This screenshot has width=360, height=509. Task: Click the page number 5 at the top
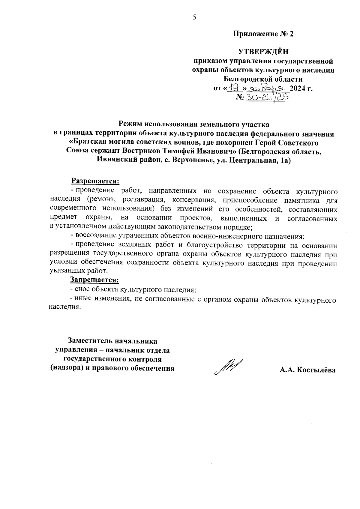pos(194,18)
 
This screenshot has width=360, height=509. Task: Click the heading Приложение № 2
pos(263,34)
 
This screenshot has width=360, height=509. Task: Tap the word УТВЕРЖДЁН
pos(263,52)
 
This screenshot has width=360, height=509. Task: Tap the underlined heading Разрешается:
pos(95,181)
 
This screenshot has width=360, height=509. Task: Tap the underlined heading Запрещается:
pos(94,280)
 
